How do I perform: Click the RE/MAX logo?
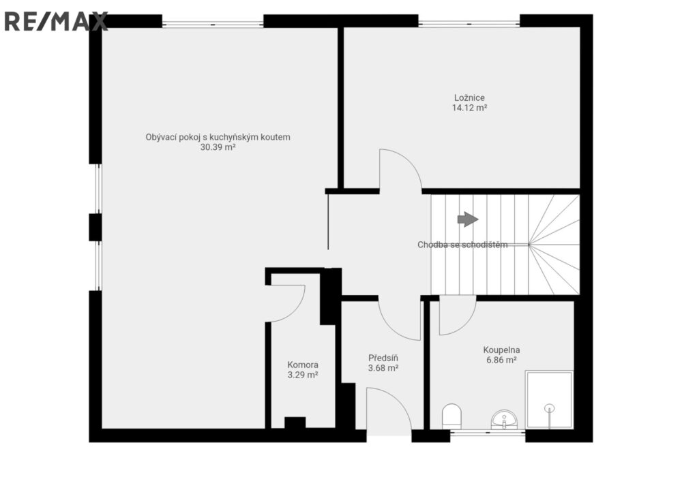click(x=56, y=21)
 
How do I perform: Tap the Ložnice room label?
click(x=469, y=97)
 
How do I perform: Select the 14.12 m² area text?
click(x=469, y=108)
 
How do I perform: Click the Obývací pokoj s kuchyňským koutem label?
click(x=218, y=137)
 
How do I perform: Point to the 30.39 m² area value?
click(x=218, y=147)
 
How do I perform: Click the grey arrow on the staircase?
click(x=468, y=219)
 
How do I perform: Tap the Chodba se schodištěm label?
click(x=462, y=245)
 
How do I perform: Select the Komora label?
click(x=303, y=365)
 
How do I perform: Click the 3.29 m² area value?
click(x=303, y=375)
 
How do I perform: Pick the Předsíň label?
click(x=383, y=358)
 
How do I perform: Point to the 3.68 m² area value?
click(x=383, y=368)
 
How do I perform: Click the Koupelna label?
click(x=501, y=350)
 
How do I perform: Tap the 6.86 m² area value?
click(x=501, y=360)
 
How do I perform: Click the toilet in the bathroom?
click(x=451, y=416)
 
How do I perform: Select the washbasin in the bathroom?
click(x=504, y=420)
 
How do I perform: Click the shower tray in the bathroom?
click(x=549, y=400)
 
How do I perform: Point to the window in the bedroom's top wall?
click(x=469, y=21)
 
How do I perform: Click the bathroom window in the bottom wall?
click(x=488, y=432)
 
